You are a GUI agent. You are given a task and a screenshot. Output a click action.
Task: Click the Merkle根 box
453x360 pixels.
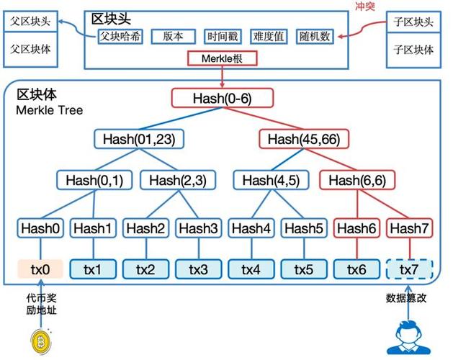[x=222, y=59]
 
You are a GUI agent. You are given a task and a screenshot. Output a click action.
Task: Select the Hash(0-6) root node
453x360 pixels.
[x=223, y=98]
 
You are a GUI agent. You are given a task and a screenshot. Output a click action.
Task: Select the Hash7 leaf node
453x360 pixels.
[x=410, y=229]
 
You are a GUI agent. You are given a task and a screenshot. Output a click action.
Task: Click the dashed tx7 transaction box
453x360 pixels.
[x=410, y=269]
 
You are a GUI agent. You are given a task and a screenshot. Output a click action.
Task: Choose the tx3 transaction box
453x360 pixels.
[x=199, y=269]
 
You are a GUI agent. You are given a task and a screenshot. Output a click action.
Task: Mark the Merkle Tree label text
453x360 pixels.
[x=50, y=110]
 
